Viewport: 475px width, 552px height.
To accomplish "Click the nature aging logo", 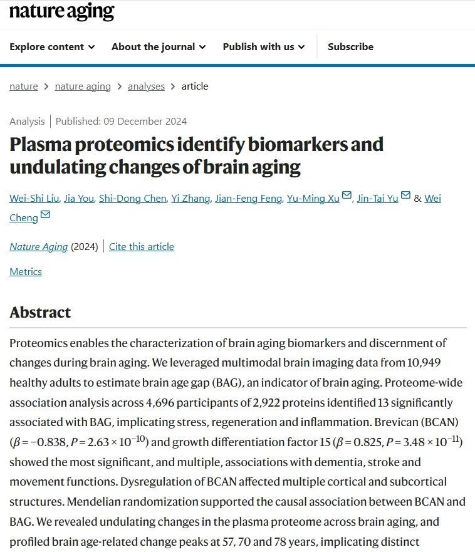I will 61,11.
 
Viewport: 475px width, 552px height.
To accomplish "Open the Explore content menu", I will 52,47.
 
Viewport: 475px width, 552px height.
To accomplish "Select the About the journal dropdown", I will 158,47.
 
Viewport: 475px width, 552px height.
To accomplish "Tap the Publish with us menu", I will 263,47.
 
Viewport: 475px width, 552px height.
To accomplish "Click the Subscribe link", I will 350,47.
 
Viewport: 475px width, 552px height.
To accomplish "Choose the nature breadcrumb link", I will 24,86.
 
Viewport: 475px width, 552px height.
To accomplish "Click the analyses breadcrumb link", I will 146,86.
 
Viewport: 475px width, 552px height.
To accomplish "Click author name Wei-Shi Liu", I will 34,199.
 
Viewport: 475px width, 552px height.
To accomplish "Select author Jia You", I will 79,199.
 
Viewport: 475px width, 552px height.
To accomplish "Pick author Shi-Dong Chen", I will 133,199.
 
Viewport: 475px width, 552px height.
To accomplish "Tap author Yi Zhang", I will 191,199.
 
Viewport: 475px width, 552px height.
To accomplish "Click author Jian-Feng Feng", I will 248,199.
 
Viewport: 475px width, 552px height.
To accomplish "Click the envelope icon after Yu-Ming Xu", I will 347,196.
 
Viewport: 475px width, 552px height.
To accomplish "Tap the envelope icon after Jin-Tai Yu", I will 406,196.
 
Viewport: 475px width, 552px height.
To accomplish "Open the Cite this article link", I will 142,247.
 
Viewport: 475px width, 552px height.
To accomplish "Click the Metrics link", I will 26,272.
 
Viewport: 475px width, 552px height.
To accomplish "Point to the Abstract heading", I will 40,313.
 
